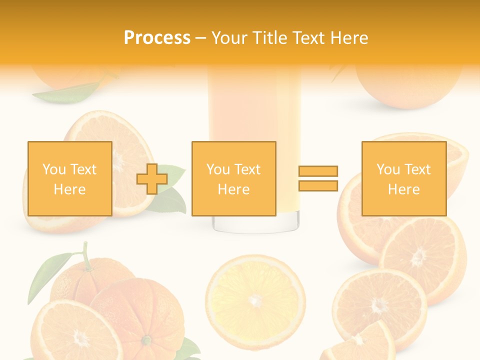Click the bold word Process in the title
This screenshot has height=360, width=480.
point(157,38)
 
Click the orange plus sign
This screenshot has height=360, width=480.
point(152,179)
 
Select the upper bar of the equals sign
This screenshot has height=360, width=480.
point(318,171)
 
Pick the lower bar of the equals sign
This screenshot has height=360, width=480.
point(318,185)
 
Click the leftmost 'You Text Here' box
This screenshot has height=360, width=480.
point(69,178)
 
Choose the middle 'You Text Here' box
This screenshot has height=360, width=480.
point(233,178)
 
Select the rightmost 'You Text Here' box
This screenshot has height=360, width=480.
point(403,178)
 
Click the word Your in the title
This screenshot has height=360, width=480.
point(230,38)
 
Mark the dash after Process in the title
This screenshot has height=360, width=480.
point(201,38)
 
